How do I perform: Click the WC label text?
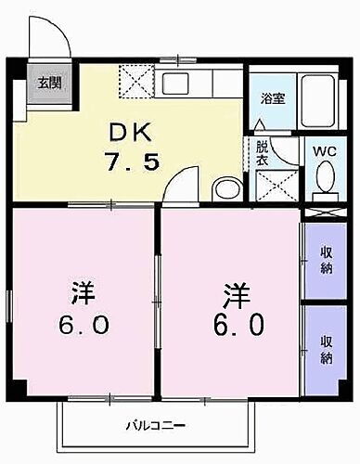(x=324, y=148)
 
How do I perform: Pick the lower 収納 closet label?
(x=327, y=342)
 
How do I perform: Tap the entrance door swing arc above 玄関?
(x=46, y=37)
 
